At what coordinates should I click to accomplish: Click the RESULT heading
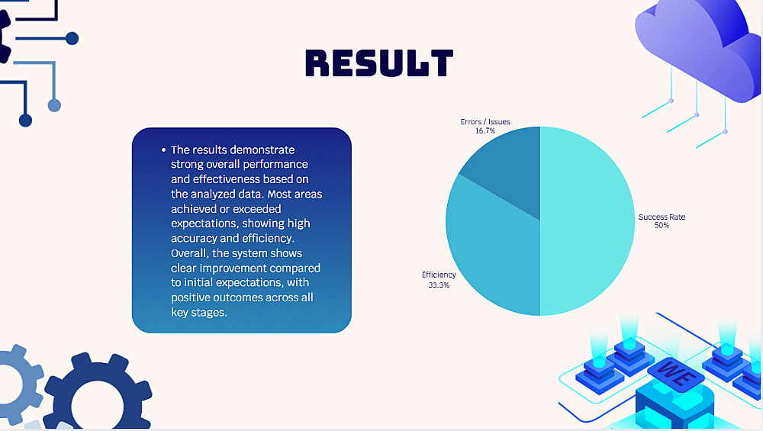pyautogui.click(x=379, y=63)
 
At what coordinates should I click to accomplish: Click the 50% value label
pyautogui.click(x=662, y=225)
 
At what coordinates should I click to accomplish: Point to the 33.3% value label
pyautogui.click(x=439, y=285)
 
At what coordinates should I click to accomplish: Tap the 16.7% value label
pyautogui.click(x=485, y=131)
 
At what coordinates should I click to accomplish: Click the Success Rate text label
pyautogui.click(x=662, y=217)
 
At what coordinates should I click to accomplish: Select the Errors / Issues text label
pyautogui.click(x=485, y=121)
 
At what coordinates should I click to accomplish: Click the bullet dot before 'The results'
pyautogui.click(x=163, y=150)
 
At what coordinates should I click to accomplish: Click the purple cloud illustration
pyautogui.click(x=699, y=49)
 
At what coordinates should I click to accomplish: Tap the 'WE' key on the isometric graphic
pyautogui.click(x=676, y=374)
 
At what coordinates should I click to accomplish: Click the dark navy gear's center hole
pyautogui.click(x=98, y=404)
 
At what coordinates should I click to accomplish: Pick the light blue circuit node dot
pyautogui.click(x=54, y=105)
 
